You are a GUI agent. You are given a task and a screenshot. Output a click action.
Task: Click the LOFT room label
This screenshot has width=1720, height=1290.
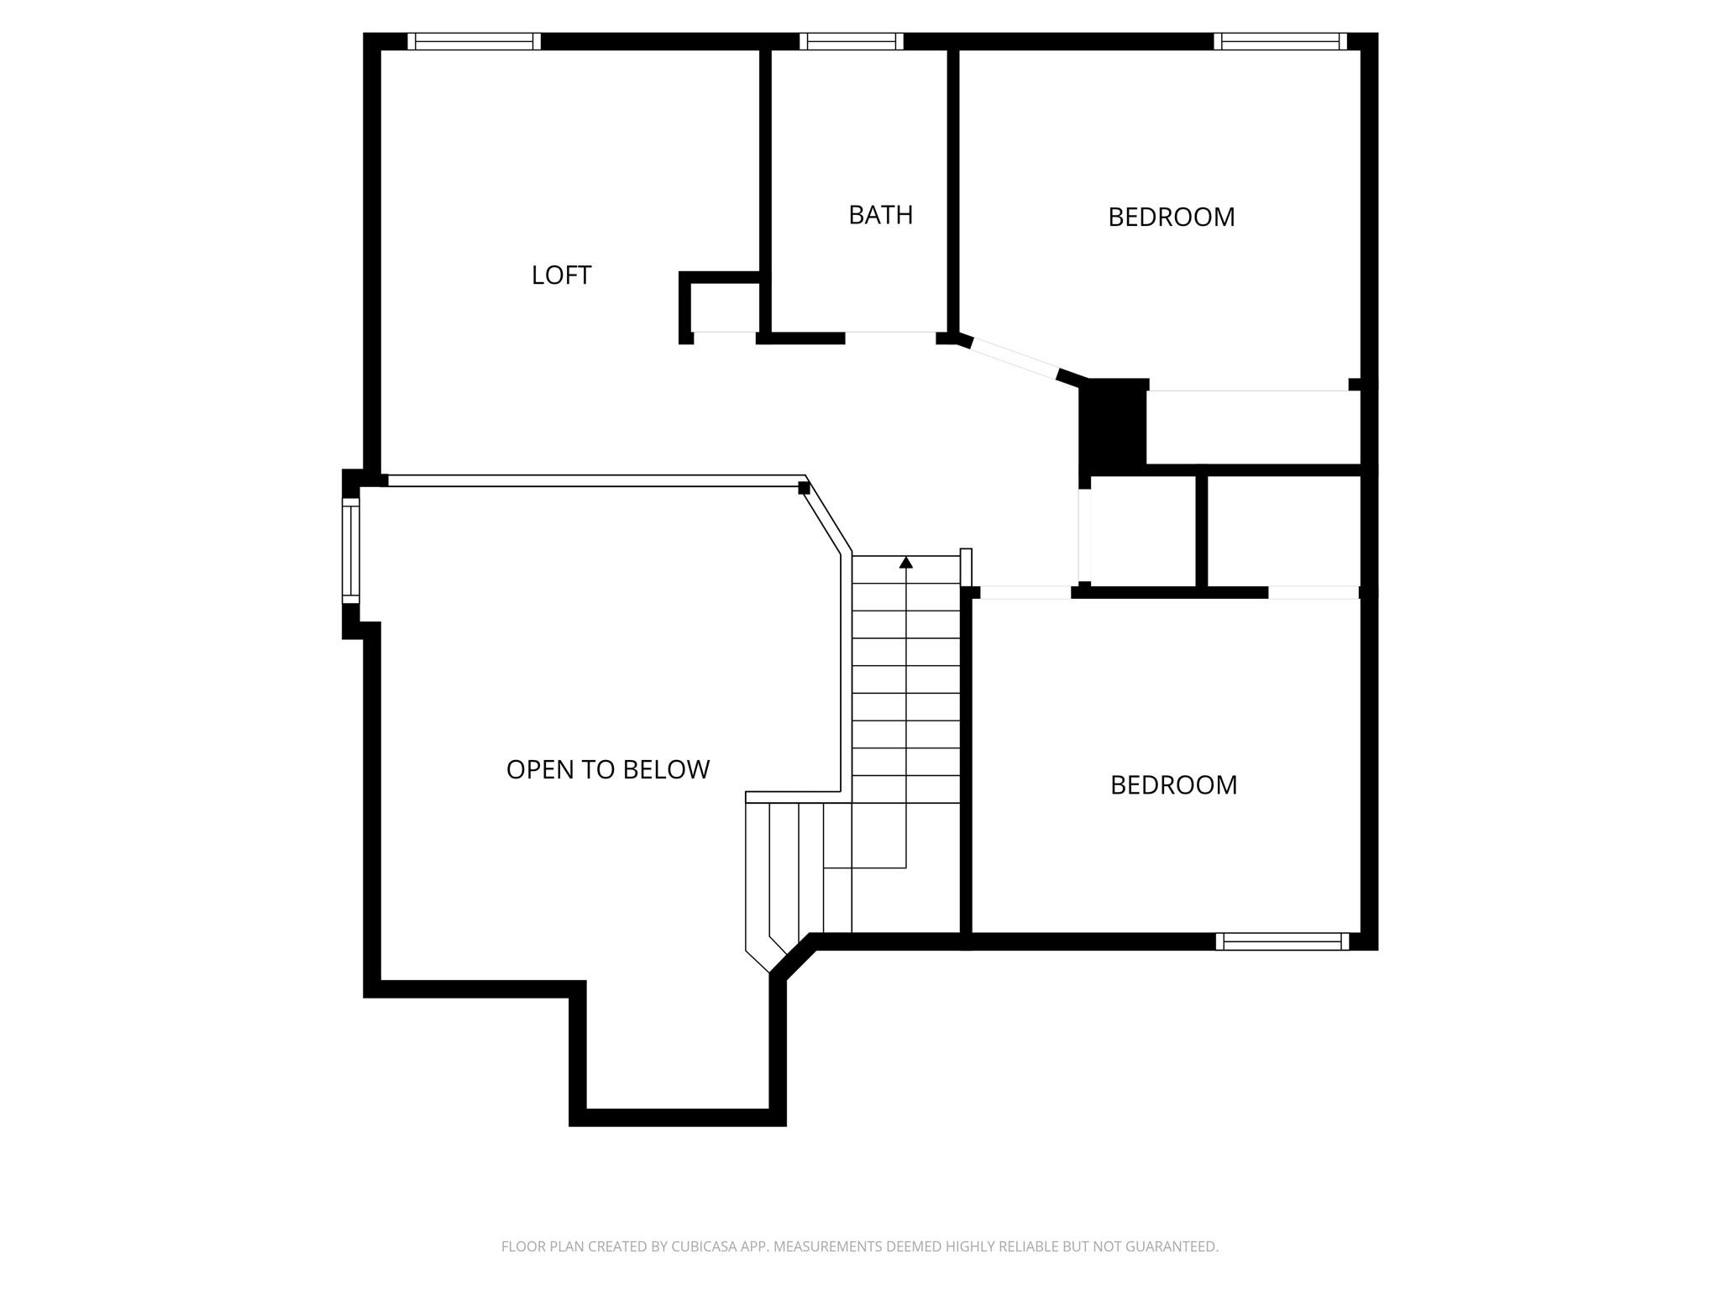561,275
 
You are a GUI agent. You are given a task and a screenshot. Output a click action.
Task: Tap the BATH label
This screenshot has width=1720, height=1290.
880,215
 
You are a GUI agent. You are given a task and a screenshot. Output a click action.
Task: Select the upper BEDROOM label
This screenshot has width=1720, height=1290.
1171,218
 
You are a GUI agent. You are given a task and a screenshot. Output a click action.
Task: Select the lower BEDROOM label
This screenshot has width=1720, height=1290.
1173,785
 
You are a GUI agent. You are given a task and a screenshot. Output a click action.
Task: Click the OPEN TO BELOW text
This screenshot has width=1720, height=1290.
608,769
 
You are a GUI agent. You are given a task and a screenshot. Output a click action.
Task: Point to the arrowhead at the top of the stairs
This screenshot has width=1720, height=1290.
905,563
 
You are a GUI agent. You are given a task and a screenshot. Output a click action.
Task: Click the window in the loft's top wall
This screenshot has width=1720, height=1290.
475,41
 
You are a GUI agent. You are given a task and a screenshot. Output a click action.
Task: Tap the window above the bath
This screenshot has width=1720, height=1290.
851,41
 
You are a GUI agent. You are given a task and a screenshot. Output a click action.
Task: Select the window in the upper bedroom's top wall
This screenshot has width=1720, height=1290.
1280,41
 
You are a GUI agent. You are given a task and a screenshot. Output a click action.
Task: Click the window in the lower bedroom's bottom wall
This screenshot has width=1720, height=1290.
1282,941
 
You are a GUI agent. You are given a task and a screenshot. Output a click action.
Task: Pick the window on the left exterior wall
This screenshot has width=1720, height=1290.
351,550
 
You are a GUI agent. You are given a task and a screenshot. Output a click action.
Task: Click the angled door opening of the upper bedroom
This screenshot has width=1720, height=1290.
1015,358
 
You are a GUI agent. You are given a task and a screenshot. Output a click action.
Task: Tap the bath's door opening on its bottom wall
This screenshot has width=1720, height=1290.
890,338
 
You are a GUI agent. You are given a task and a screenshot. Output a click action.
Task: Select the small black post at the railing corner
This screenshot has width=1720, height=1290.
804,488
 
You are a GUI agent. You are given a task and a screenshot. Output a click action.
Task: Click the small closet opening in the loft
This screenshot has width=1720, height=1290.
724,338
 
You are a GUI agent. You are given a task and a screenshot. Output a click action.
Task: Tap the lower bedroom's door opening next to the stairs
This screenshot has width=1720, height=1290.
1025,592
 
